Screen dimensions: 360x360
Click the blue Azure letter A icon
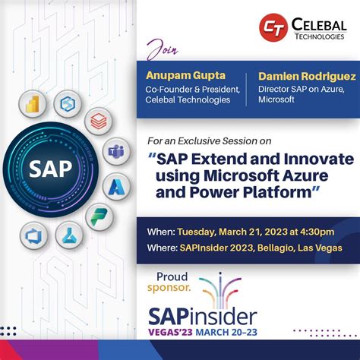click(118, 185)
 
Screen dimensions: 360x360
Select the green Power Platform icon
click(99, 217)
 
